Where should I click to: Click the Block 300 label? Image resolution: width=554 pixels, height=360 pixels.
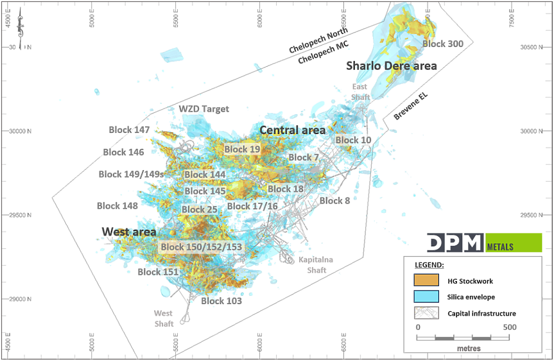point(443,44)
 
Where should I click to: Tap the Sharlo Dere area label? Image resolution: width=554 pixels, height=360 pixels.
point(392,65)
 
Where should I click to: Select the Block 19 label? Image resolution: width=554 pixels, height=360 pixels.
point(242,150)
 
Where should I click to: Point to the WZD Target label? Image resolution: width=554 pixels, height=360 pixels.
point(203,109)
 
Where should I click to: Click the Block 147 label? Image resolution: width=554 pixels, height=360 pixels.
point(129,130)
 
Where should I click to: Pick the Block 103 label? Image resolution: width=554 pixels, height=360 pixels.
point(221,301)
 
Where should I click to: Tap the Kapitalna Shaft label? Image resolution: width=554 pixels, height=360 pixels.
point(311,265)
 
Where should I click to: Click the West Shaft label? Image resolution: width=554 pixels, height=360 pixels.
point(163,318)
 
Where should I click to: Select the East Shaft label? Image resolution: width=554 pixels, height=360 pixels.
point(359,91)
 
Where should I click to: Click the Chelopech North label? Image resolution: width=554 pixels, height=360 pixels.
point(318,40)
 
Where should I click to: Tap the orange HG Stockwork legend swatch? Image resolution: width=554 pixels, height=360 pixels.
point(426,280)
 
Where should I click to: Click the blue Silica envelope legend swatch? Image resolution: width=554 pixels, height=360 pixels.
point(426,296)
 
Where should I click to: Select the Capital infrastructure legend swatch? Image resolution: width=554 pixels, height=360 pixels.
point(426,313)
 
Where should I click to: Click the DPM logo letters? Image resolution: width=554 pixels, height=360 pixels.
point(456,243)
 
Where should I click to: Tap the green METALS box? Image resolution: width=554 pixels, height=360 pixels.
point(514,243)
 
